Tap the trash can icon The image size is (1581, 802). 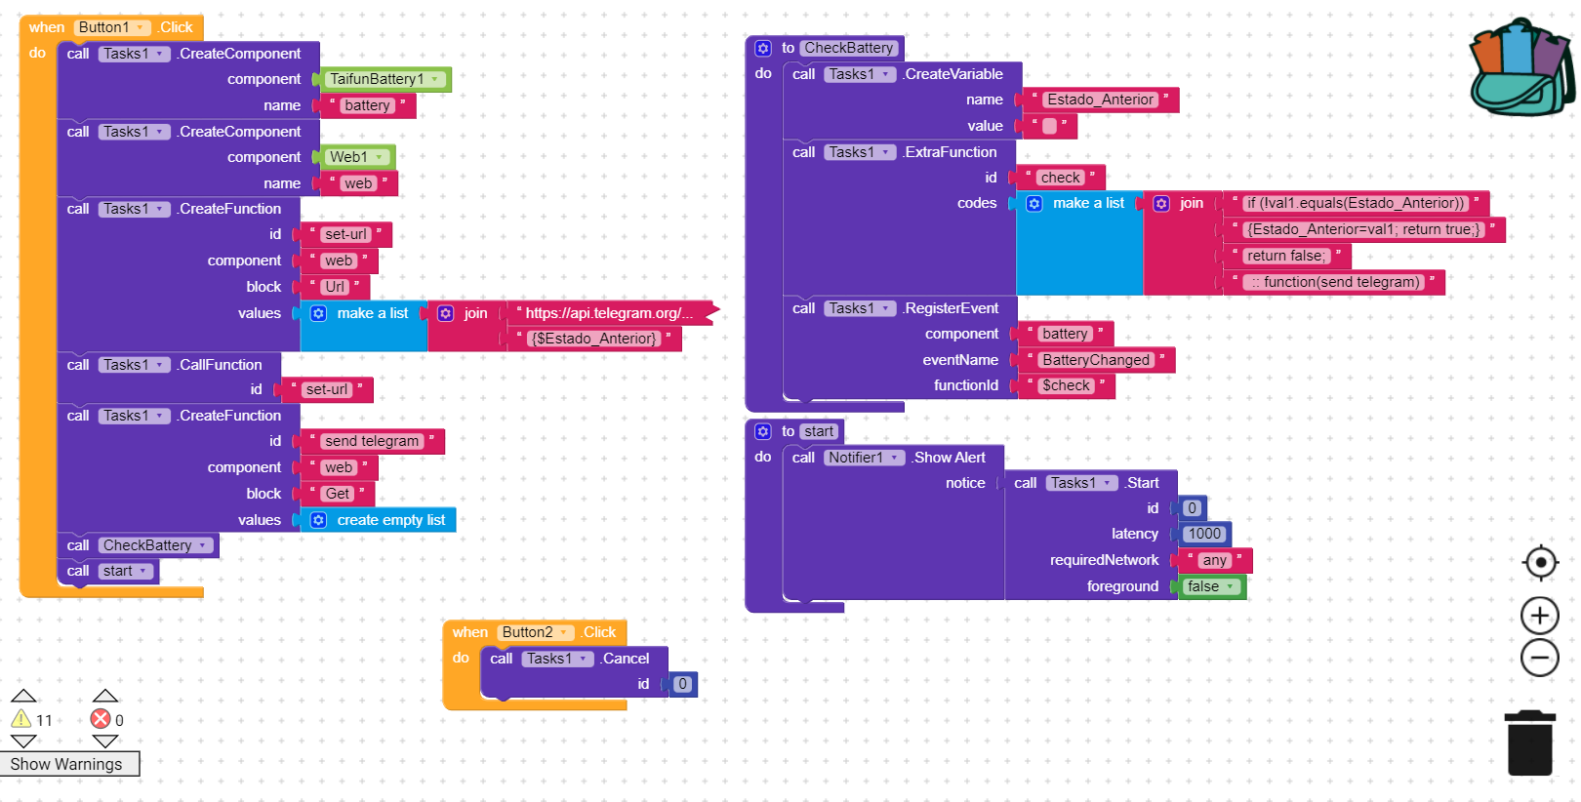click(x=1529, y=743)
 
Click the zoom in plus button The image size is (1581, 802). click(x=1539, y=616)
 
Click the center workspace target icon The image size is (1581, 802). click(x=1540, y=563)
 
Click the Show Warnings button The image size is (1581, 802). click(x=68, y=764)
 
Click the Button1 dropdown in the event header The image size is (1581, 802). click(x=112, y=27)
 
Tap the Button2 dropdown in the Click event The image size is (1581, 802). click(x=535, y=632)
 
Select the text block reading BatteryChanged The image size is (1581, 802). click(x=1095, y=360)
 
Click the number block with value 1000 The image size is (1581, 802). click(x=1204, y=534)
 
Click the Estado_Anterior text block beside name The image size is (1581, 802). click(x=1099, y=100)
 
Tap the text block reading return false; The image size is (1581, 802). click(x=1285, y=256)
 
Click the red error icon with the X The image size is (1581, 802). click(x=101, y=719)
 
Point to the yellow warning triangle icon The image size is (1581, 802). click(x=21, y=719)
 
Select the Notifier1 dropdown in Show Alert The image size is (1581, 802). click(x=864, y=458)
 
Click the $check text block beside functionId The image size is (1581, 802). click(x=1065, y=385)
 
